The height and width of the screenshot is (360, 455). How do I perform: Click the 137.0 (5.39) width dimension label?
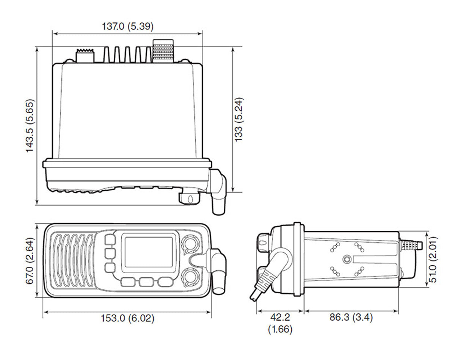[128, 27]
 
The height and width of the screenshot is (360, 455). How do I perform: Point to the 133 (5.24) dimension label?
[239, 120]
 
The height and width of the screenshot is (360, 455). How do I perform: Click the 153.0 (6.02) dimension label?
[127, 319]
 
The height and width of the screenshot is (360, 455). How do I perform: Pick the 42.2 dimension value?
[280, 318]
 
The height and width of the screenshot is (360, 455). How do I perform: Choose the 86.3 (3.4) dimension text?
[351, 318]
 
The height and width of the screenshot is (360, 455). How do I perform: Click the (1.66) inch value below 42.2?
[280, 330]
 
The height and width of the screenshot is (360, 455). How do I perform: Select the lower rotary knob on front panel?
[190, 277]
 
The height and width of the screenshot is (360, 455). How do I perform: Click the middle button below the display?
[146, 282]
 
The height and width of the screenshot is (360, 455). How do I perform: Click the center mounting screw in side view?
[347, 259]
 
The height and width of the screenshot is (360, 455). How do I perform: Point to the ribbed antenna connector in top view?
[162, 51]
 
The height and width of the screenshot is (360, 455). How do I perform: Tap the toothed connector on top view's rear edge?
[85, 55]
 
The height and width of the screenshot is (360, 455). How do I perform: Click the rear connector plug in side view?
[411, 245]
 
